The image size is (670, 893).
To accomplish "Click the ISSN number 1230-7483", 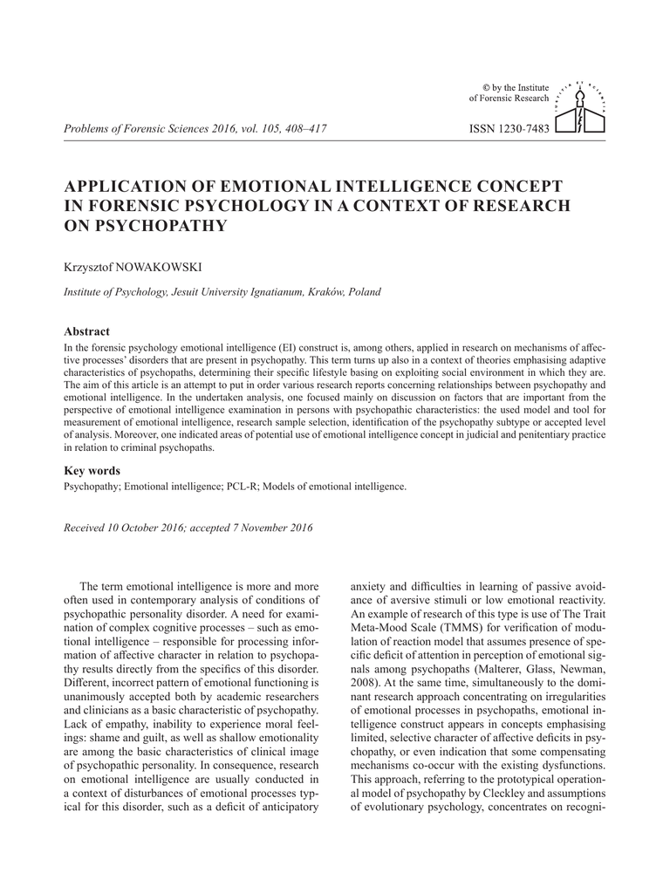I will pos(509,128).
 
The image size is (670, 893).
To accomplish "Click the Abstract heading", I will pos(87,332).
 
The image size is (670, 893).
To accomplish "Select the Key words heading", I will pos(92,471).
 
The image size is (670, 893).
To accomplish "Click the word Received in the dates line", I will pos(86,527).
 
